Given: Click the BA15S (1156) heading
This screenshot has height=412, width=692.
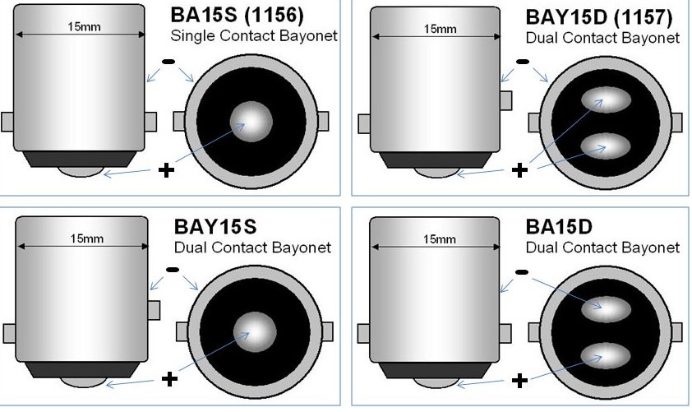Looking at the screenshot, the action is pyautogui.click(x=237, y=15).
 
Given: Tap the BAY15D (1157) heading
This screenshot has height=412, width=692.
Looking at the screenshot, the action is pyautogui.click(x=599, y=17).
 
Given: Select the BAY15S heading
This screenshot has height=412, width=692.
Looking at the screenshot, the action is pyautogui.click(x=215, y=226).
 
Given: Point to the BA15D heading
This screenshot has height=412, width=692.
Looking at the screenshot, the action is pyautogui.click(x=559, y=226).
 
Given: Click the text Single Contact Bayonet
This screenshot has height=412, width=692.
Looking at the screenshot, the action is pyautogui.click(x=254, y=35).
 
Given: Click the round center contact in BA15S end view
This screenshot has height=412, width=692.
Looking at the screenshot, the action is pyautogui.click(x=251, y=122).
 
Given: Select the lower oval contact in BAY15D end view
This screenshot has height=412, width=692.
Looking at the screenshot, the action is pyautogui.click(x=606, y=146).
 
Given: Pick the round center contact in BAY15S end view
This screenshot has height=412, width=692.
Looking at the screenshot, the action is pyautogui.click(x=255, y=332).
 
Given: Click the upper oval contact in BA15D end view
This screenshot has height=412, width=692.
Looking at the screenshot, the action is pyautogui.click(x=606, y=309).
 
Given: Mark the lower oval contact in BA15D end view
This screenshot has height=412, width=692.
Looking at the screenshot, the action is pyautogui.click(x=606, y=355).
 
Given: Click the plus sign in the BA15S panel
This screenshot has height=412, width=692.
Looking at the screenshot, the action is pyautogui.click(x=166, y=170).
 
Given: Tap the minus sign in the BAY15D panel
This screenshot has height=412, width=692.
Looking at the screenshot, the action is pyautogui.click(x=522, y=62).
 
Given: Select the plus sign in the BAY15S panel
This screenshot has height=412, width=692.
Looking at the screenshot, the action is pyautogui.click(x=170, y=379).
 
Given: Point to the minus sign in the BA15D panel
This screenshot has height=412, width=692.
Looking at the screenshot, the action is pyautogui.click(x=522, y=272).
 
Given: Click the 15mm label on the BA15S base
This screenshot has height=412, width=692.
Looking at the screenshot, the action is pyautogui.click(x=84, y=27).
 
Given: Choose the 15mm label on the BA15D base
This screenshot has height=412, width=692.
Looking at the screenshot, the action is pyautogui.click(x=440, y=239).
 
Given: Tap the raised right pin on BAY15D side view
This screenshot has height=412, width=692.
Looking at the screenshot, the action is pyautogui.click(x=505, y=100).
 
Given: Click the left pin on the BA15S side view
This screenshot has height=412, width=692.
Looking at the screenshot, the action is pyautogui.click(x=7, y=122).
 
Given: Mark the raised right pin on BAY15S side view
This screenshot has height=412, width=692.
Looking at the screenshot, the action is pyautogui.click(x=154, y=310).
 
